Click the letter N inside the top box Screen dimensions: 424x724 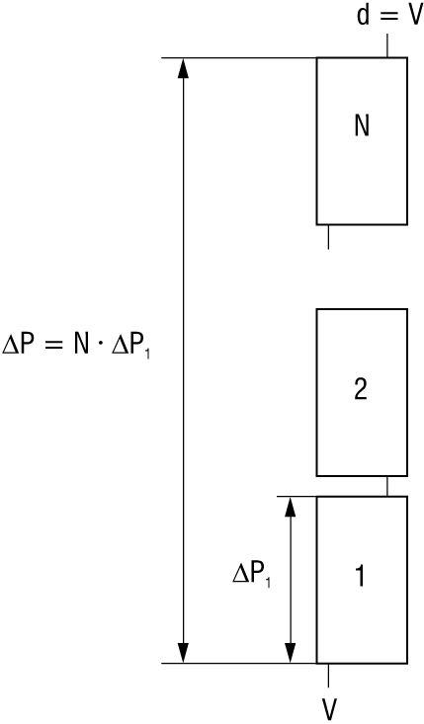[362, 126]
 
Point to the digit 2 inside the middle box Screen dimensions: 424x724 [361, 389]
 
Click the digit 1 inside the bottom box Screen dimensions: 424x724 [360, 577]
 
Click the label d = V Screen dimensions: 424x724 [389, 16]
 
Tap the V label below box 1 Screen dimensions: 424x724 [329, 709]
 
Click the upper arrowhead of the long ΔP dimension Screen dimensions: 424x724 [184, 68]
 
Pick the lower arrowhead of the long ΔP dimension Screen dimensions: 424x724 [184, 653]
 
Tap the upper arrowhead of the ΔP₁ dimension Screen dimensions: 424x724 [290, 508]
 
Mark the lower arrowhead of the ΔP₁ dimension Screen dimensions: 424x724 [290, 653]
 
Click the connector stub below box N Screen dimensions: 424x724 [328, 237]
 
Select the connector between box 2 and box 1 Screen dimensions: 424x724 [387, 486]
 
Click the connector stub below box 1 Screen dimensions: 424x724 [328, 675]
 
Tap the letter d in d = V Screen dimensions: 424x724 [363, 16]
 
